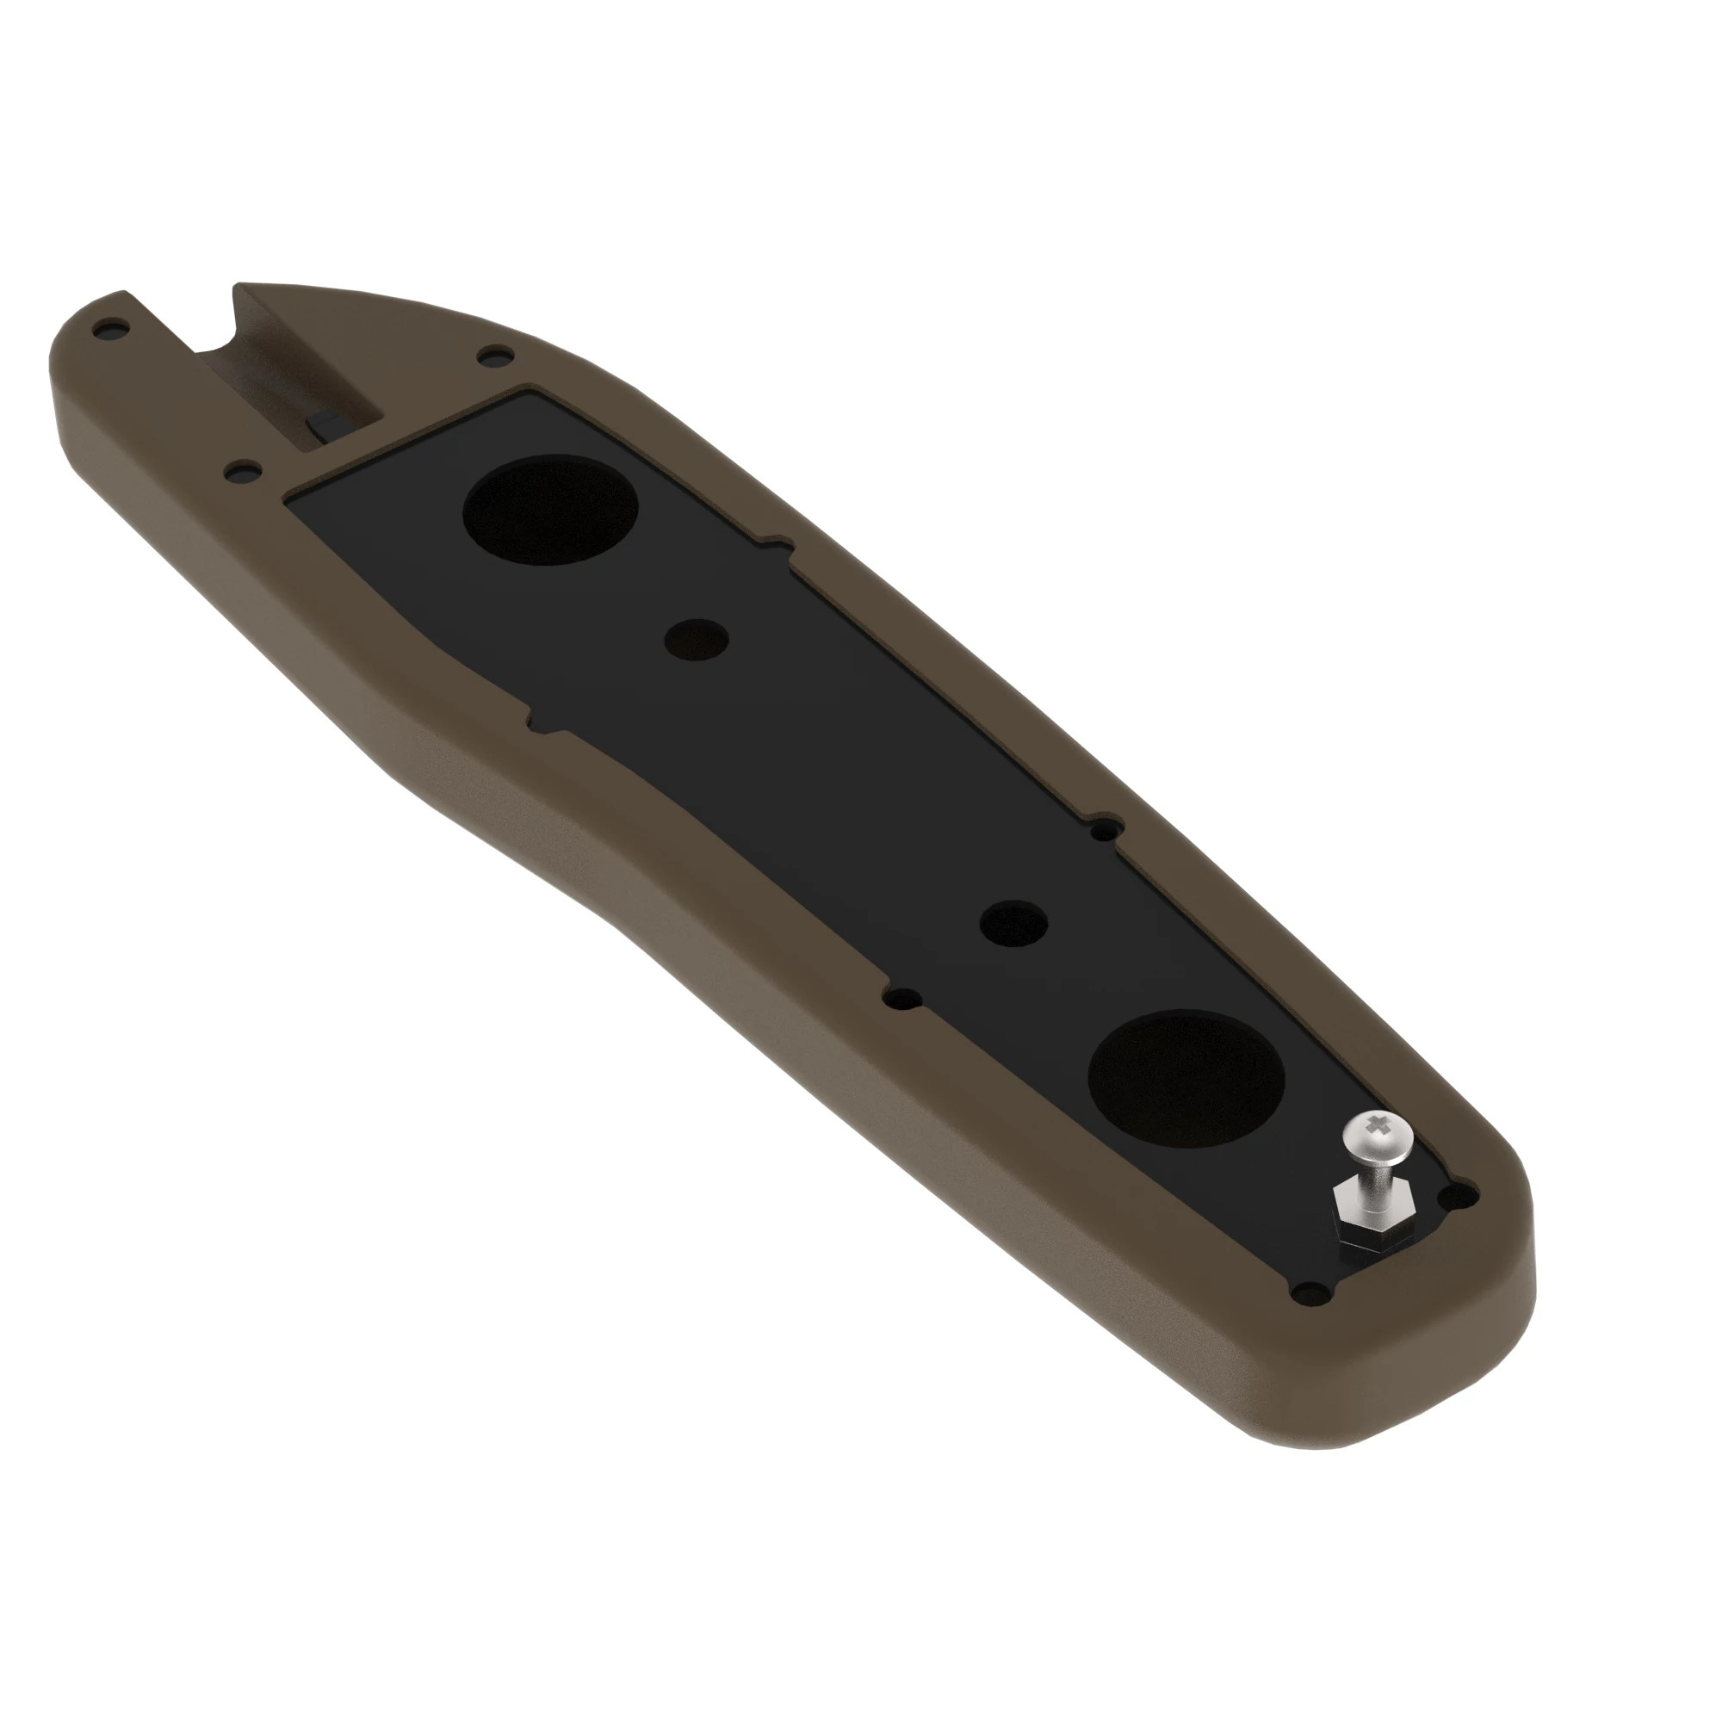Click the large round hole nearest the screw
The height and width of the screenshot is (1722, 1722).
pyautogui.click(x=1186, y=1078)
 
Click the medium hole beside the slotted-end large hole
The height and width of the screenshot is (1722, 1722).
pyautogui.click(x=697, y=638)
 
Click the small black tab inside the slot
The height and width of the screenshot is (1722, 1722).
pyautogui.click(x=327, y=422)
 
